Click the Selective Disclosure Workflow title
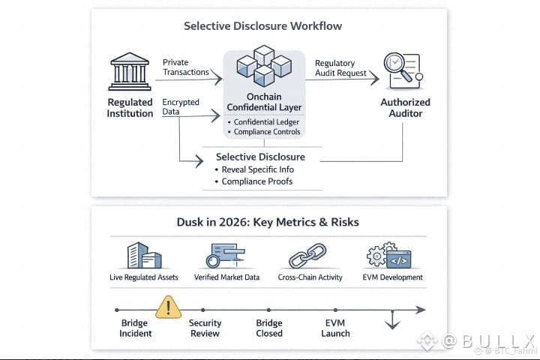[x=262, y=26]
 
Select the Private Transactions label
[x=186, y=67]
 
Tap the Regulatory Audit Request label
[x=341, y=68]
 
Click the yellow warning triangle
[x=168, y=307]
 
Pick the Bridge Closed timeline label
[x=268, y=328]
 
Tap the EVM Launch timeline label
[x=335, y=328]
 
